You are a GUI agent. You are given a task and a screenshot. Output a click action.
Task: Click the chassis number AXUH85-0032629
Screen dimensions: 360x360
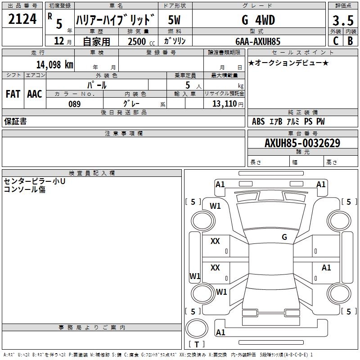coord(302,143)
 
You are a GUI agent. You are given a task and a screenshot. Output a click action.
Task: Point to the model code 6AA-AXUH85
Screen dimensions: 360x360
coord(258,41)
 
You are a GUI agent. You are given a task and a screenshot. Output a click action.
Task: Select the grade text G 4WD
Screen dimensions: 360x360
coord(258,20)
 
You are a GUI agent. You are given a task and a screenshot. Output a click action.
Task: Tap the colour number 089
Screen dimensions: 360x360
coord(75,104)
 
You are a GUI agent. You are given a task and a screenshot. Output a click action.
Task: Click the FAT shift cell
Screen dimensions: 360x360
coord(13,94)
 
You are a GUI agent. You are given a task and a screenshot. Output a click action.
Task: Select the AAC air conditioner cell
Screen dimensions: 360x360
coord(35,94)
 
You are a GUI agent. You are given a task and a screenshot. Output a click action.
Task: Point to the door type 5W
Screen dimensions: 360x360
coord(174,20)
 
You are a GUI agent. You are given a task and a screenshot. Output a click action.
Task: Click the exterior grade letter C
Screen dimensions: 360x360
coord(335,41)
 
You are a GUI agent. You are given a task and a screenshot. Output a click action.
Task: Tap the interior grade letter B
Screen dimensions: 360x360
coord(351,41)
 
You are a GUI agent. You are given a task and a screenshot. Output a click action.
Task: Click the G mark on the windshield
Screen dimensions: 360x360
coord(284,237)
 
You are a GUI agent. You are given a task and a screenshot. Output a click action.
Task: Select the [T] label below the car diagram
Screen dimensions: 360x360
coord(197,344)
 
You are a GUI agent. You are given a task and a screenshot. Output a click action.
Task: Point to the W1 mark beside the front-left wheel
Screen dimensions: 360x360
coord(216,206)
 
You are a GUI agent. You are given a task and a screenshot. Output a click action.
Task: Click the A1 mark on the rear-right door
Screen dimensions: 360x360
coord(326,268)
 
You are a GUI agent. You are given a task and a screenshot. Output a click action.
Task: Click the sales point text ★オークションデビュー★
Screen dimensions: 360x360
coord(288,63)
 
